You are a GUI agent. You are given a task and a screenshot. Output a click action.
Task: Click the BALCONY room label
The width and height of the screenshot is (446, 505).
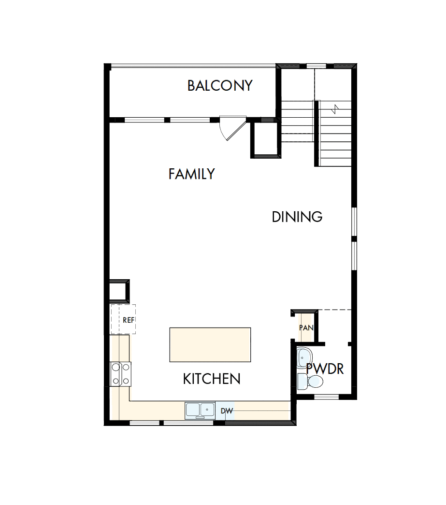click(220, 86)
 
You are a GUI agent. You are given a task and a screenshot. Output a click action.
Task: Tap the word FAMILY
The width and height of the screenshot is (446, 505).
click(191, 174)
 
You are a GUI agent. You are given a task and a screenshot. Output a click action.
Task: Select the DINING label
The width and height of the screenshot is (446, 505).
click(297, 217)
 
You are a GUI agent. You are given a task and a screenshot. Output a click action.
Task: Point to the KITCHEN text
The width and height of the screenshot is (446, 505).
click(212, 379)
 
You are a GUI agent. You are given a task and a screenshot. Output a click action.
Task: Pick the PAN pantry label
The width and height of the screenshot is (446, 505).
click(306, 328)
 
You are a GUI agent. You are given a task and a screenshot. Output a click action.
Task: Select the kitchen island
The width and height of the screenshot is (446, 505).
click(210, 345)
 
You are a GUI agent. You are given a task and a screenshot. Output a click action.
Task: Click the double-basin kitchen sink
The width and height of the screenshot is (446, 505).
click(201, 410)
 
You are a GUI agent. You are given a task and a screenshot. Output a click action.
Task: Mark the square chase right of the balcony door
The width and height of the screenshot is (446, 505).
click(265, 139)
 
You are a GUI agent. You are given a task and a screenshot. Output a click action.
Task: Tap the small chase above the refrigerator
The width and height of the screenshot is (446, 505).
click(119, 291)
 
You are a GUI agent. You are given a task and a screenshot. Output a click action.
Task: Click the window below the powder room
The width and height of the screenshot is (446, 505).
click(327, 397)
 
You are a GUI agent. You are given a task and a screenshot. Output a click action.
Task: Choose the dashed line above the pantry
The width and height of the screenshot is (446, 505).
click(334, 310)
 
